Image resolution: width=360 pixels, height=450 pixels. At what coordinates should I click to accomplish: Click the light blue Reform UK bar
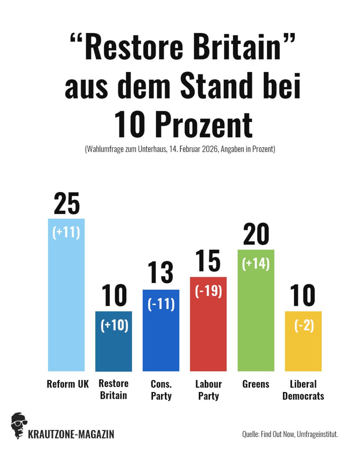click(66, 302)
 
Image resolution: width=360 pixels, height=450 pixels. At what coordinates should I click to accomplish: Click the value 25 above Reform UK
click(67, 204)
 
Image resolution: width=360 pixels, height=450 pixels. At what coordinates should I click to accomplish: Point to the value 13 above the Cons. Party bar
click(160, 272)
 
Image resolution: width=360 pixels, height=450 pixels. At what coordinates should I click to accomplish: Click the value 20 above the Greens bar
click(256, 234)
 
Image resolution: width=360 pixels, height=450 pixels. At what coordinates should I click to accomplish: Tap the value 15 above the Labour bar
click(208, 261)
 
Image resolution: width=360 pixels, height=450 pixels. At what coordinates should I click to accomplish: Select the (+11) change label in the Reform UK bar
click(66, 232)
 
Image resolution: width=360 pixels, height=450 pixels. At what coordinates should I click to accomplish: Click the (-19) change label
click(208, 291)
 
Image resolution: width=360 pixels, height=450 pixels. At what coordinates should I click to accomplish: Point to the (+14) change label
click(256, 264)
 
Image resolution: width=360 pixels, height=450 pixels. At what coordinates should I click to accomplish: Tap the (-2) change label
click(304, 325)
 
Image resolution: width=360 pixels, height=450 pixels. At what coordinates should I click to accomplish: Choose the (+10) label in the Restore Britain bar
click(114, 325)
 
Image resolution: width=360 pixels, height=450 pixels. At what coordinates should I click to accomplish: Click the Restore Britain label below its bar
click(114, 390)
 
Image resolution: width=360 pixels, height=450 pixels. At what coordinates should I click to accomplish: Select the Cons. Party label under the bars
click(161, 390)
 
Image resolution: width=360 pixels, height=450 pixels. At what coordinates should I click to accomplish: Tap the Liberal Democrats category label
click(303, 390)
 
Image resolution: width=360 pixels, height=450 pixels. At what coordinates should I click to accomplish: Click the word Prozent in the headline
click(204, 125)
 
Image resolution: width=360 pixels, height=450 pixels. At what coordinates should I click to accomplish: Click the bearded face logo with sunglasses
click(19, 425)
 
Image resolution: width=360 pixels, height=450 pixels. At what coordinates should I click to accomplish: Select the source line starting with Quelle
click(290, 434)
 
